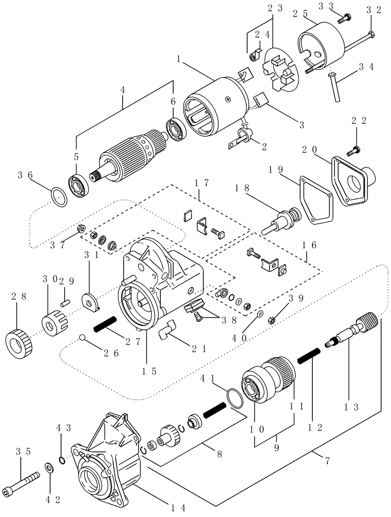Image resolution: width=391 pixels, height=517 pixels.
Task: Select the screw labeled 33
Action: point(344,20)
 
